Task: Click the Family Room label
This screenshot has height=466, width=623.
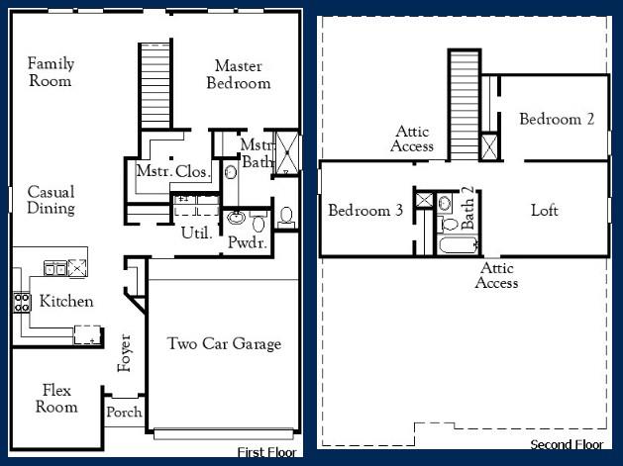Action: [51, 72]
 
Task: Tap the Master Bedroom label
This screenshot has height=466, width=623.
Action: [238, 74]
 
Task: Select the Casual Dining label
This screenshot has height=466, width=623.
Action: [51, 200]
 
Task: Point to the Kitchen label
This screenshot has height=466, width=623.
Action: [66, 301]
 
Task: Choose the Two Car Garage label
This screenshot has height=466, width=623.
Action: [224, 344]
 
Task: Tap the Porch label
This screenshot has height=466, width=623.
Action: [124, 413]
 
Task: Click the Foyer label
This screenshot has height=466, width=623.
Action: [125, 353]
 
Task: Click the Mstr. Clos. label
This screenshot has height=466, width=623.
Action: [173, 172]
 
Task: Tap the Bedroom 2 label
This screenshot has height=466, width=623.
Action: [557, 119]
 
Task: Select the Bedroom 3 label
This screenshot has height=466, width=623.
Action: [365, 210]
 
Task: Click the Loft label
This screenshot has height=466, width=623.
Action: [545, 210]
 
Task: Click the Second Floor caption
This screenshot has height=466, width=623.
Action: [567, 444]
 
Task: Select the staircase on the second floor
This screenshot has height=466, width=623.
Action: [465, 102]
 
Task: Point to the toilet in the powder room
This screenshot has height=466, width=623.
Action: [286, 215]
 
